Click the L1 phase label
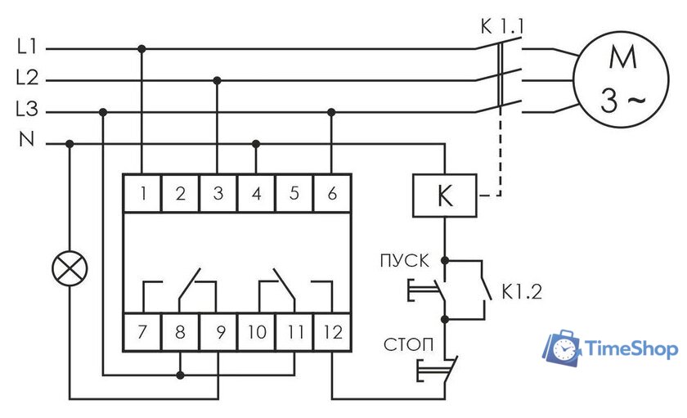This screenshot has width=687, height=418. pyautogui.click(x=27, y=47)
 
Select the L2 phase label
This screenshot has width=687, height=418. pyautogui.click(x=27, y=78)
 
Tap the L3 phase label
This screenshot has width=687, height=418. pyautogui.click(x=27, y=109)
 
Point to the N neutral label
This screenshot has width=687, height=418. pyautogui.click(x=27, y=139)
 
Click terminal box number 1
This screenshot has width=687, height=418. pyautogui.click(x=142, y=193)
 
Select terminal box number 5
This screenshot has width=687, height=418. pyautogui.click(x=294, y=193)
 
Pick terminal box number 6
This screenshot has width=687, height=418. pyautogui.click(x=332, y=193)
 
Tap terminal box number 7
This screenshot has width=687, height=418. pyautogui.click(x=142, y=331)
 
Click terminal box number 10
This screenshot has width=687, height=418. pyautogui.click(x=256, y=331)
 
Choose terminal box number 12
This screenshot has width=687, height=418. pyautogui.click(x=332, y=331)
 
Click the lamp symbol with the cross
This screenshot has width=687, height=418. pyautogui.click(x=70, y=268)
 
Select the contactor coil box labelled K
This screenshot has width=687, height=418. pyautogui.click(x=445, y=196)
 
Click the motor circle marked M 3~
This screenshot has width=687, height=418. pyautogui.click(x=622, y=79)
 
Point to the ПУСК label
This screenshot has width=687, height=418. pyautogui.click(x=404, y=261)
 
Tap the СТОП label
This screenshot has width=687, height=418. pyautogui.click(x=408, y=344)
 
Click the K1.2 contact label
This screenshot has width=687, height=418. pyautogui.click(x=522, y=292)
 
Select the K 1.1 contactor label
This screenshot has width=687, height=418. pyautogui.click(x=502, y=27)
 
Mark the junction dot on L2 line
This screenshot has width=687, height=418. pyautogui.click(x=217, y=81)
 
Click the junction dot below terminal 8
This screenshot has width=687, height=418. pyautogui.click(x=180, y=375)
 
